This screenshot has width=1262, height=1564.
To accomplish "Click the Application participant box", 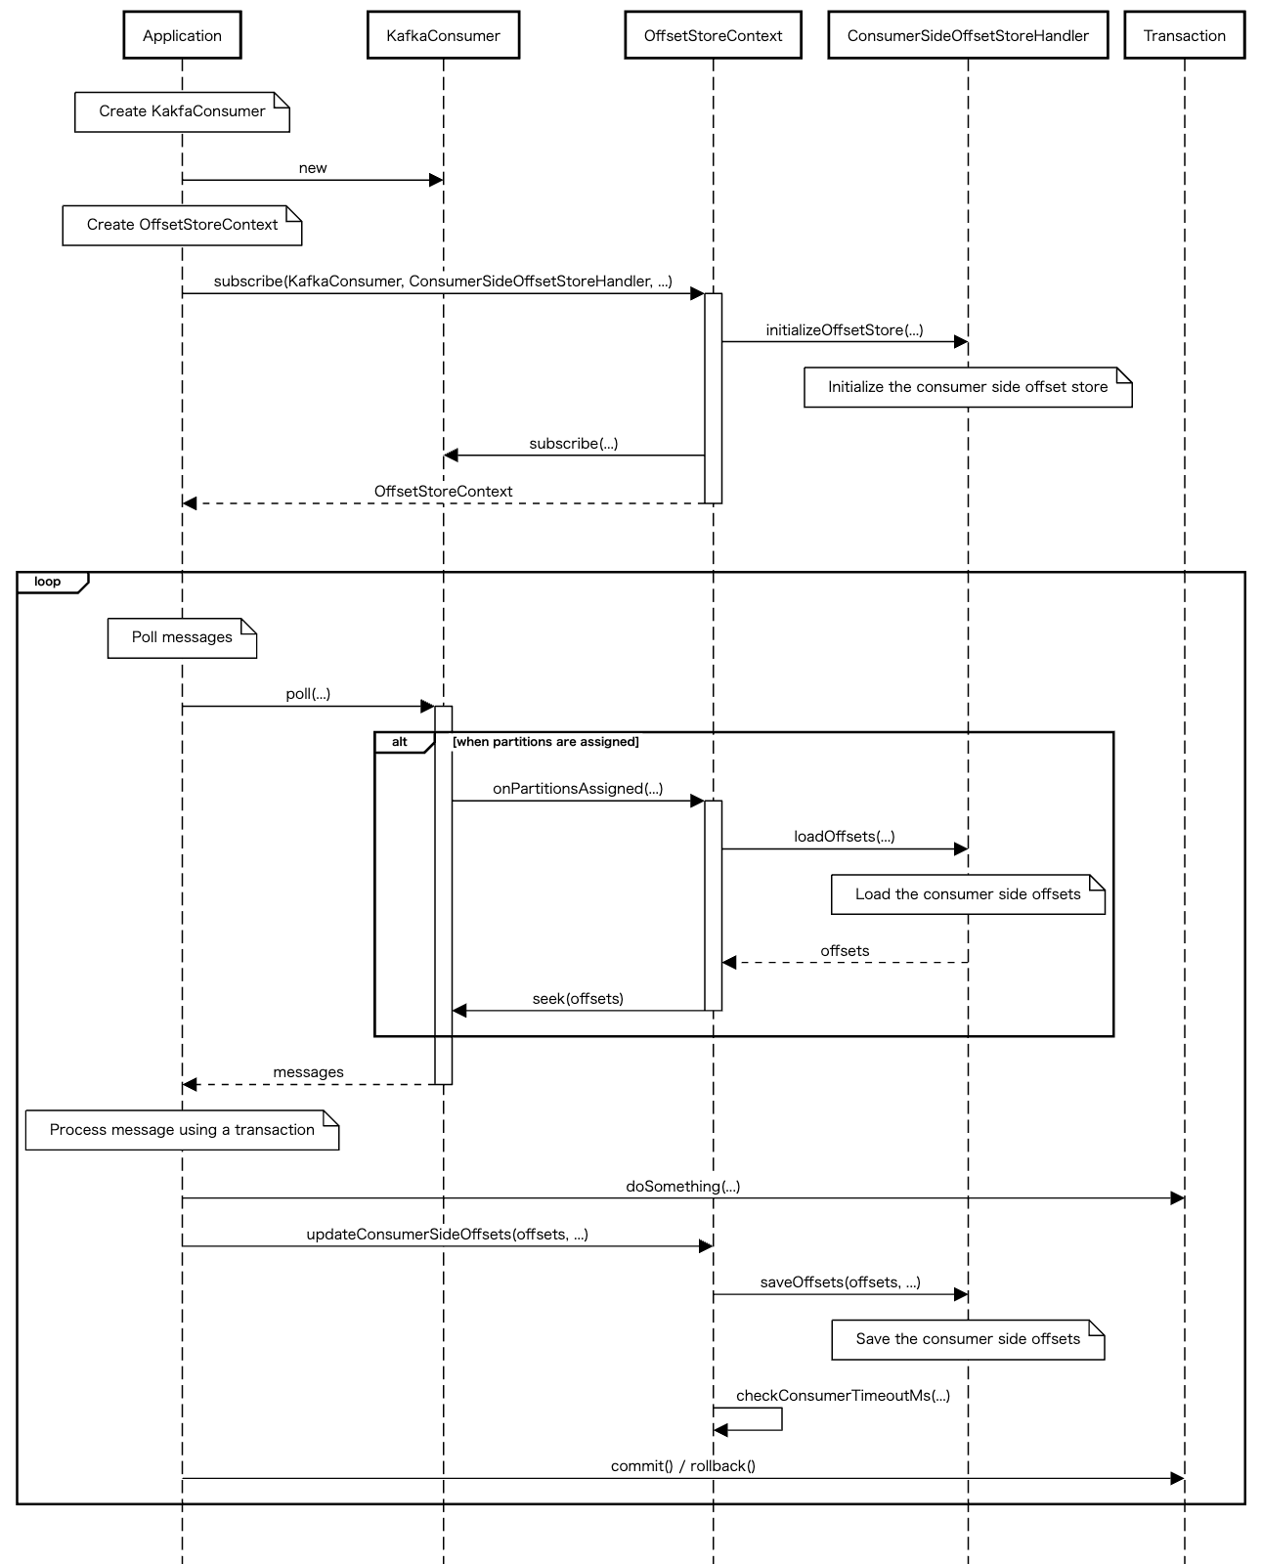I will (182, 36).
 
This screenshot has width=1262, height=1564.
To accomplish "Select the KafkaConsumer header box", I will (443, 36).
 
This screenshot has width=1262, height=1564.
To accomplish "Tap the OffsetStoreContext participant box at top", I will (713, 36).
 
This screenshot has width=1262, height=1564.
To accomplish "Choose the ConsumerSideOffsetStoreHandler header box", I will (968, 36).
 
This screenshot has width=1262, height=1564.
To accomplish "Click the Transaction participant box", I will (1184, 36).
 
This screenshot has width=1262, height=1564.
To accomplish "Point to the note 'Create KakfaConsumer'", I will (182, 111).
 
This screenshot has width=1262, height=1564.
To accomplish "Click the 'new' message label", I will (313, 168).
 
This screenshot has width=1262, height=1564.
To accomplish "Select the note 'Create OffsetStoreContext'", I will (182, 225).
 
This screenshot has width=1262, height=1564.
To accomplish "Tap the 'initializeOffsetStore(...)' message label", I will (845, 330).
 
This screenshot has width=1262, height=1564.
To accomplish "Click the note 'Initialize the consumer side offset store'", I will (968, 387).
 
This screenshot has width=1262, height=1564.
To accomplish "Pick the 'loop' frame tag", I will (48, 582).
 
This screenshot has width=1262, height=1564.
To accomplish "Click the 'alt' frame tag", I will (400, 742).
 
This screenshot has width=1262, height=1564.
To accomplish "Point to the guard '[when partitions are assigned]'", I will (545, 742).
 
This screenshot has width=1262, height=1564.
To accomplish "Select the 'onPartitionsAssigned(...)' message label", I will (578, 789).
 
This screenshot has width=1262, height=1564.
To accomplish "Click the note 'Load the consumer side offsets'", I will (968, 894).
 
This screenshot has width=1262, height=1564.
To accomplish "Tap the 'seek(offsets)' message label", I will (578, 999).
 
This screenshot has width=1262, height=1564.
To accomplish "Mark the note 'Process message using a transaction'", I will (182, 1130).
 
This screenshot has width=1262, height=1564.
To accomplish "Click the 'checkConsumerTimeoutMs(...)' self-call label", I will (843, 1396).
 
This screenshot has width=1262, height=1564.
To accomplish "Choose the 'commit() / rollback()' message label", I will (683, 1466).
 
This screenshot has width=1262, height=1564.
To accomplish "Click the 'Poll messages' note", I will (182, 637).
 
